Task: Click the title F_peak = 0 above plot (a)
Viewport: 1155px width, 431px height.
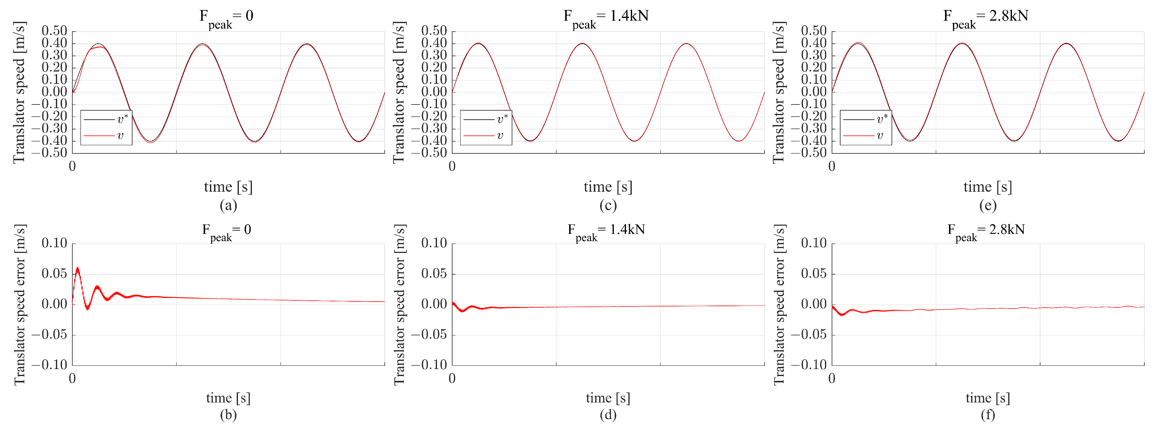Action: tap(226, 17)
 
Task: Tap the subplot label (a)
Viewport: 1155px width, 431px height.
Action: tap(228, 205)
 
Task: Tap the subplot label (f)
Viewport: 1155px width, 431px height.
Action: tap(988, 415)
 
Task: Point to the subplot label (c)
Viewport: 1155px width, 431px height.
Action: tap(608, 205)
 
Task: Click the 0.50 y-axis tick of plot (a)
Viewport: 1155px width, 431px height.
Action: tap(54, 31)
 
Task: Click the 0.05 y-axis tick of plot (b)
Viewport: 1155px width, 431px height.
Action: tap(54, 274)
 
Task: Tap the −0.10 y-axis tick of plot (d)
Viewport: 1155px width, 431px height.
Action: tap(431, 365)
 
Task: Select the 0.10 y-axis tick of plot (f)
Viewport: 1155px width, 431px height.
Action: tap(814, 243)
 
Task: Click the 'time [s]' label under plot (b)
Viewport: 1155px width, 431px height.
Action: tap(228, 398)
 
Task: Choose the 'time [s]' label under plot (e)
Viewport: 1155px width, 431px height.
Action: tap(988, 187)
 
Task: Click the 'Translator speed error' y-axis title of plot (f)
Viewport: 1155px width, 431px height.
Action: tap(779, 305)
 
